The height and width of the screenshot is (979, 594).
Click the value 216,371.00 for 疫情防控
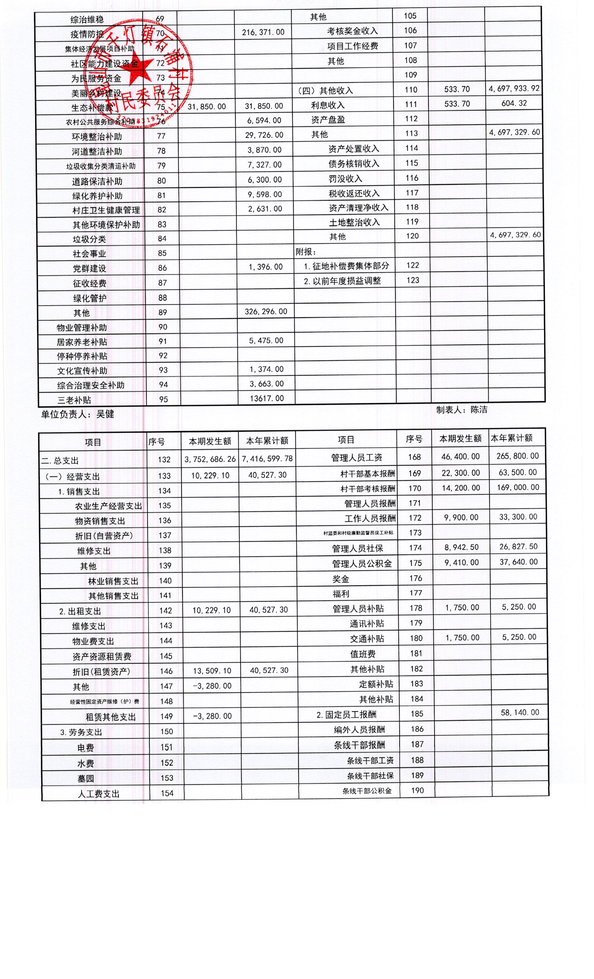click(263, 32)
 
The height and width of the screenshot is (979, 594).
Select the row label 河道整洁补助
click(97, 151)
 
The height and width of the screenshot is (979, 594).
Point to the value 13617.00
click(267, 398)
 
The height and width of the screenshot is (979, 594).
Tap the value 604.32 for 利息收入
click(514, 103)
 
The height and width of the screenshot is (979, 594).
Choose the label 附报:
click(306, 251)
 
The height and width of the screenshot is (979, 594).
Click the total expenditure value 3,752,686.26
click(210, 459)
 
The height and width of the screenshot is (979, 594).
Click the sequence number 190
click(417, 790)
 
